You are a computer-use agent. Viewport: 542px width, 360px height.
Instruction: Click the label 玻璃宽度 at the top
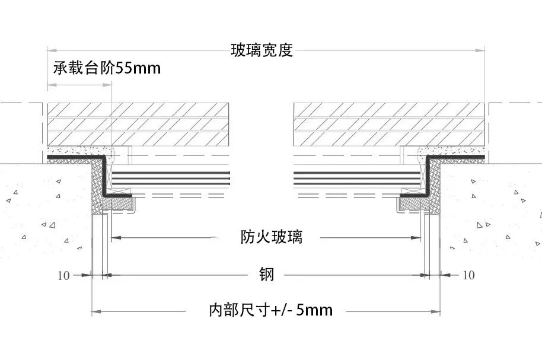point(262,50)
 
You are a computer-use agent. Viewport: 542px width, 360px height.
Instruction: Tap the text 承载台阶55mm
point(107,68)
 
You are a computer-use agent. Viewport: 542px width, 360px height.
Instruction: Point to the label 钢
point(266,275)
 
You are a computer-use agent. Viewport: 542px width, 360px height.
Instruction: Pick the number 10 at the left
point(64,275)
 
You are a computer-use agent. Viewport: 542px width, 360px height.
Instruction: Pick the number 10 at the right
point(468,275)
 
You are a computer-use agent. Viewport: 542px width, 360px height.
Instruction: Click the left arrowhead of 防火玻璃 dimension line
point(115,238)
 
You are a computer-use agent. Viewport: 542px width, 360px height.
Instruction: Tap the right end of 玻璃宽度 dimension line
point(484,50)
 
